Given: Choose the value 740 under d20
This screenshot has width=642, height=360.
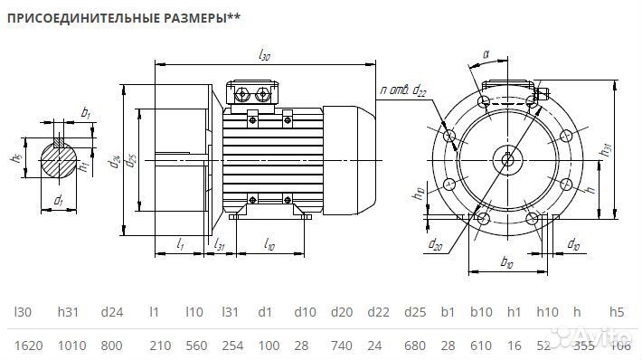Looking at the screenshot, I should [x=341, y=345].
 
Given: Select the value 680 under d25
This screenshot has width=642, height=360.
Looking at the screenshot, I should [x=416, y=345].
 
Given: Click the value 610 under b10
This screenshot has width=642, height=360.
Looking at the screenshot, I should [x=486, y=345].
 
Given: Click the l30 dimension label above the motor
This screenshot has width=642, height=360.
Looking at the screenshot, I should [x=264, y=56].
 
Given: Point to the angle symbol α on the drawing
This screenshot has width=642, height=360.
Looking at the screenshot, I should [x=486, y=54].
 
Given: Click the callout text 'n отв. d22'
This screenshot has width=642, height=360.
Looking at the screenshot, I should [x=404, y=90].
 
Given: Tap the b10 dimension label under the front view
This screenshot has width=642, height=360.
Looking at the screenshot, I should [x=506, y=263].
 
